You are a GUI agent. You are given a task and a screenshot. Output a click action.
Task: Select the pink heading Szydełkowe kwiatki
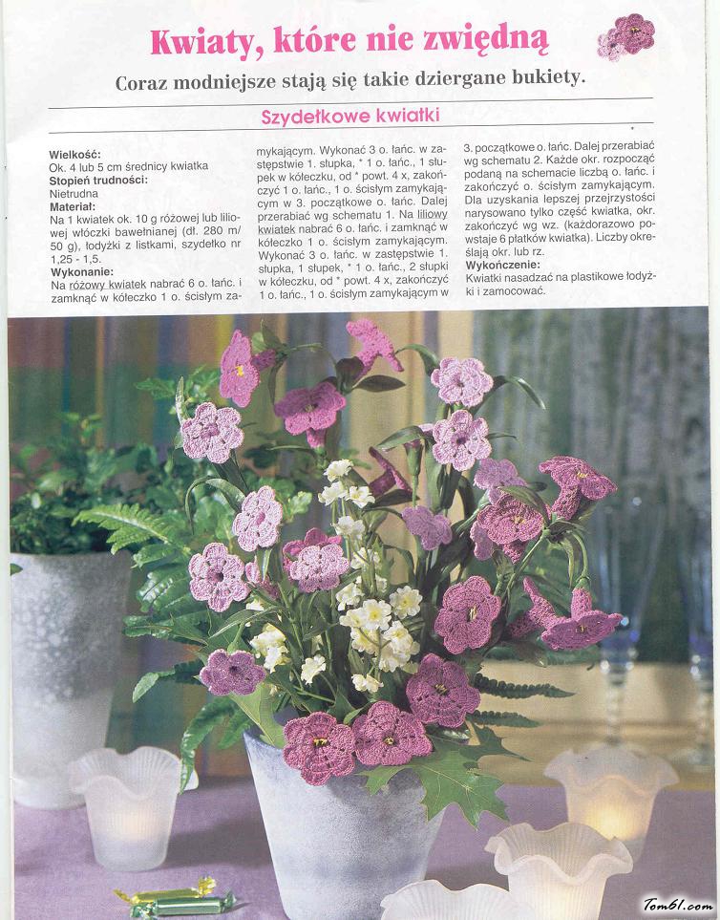349,116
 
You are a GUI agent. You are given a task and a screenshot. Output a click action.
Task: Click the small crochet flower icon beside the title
626,35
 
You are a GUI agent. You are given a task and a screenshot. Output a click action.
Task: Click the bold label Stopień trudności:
98,180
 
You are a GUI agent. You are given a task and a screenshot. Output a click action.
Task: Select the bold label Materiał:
73,205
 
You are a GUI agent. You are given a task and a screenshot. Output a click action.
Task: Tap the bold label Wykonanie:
81,271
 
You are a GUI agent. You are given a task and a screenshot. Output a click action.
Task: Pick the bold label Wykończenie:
502,265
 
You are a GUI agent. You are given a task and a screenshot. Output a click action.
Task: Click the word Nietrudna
75,192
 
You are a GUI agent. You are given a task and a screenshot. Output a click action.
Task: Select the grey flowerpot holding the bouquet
334,822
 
